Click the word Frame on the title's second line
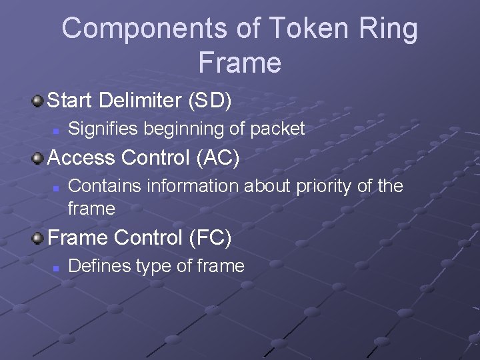coord(239,63)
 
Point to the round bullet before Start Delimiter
coord(39,101)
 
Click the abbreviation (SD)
coord(210,101)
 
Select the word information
coord(193,186)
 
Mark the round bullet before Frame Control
coord(39,237)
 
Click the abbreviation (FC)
coord(209,237)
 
